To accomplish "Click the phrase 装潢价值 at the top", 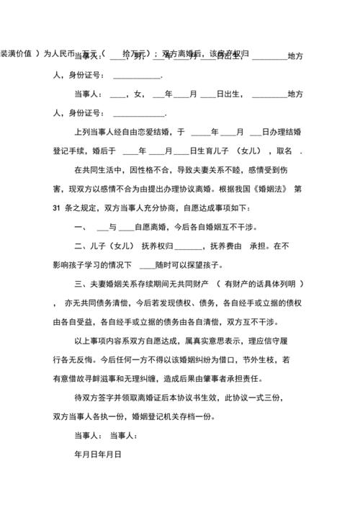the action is tap(17, 54).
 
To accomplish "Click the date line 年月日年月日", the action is tap(97, 455).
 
